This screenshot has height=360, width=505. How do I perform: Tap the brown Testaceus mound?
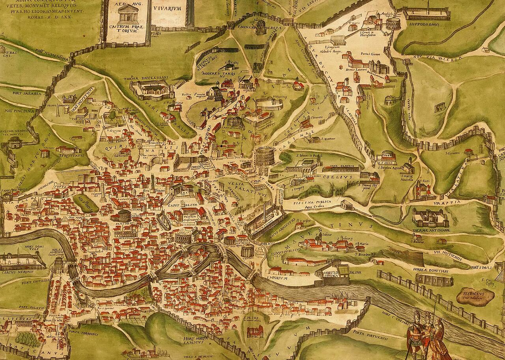(475, 295)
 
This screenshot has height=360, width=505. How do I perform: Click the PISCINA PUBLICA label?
(314, 202)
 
